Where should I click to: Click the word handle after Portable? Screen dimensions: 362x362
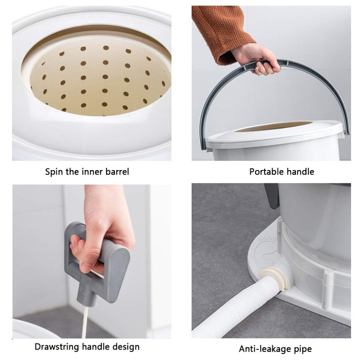tap(301, 172)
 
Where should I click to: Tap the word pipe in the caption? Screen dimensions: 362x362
tap(303, 349)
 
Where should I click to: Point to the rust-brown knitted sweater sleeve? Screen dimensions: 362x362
tap(222, 32)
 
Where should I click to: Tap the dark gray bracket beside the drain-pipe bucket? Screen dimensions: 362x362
tap(272, 196)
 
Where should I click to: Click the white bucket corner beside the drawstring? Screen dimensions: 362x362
tap(32, 328)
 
